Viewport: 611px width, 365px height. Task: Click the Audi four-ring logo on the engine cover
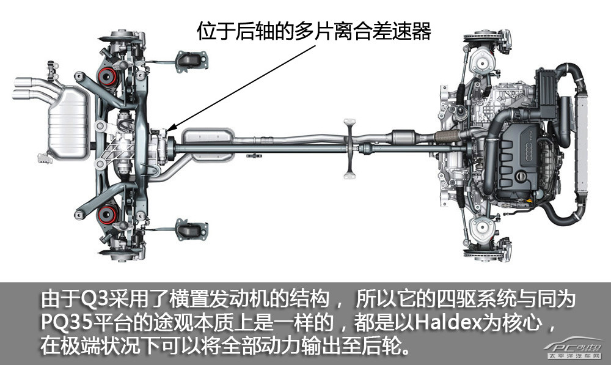[533, 147]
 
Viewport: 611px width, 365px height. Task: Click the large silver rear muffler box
[67, 122]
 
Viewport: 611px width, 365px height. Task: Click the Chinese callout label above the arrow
[314, 31]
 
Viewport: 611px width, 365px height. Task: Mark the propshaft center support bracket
[349, 149]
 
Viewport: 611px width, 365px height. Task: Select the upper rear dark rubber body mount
[191, 61]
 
